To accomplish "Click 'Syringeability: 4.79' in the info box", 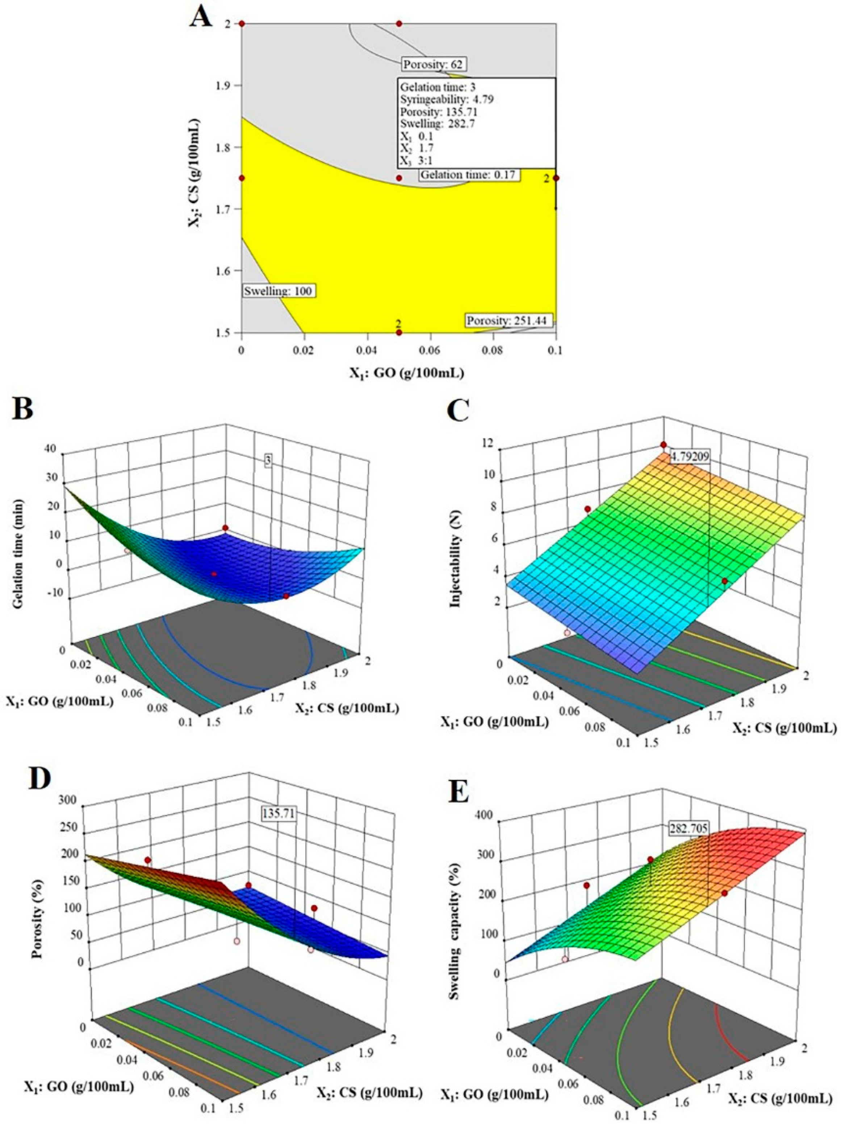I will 447,99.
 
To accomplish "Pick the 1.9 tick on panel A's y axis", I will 224,85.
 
